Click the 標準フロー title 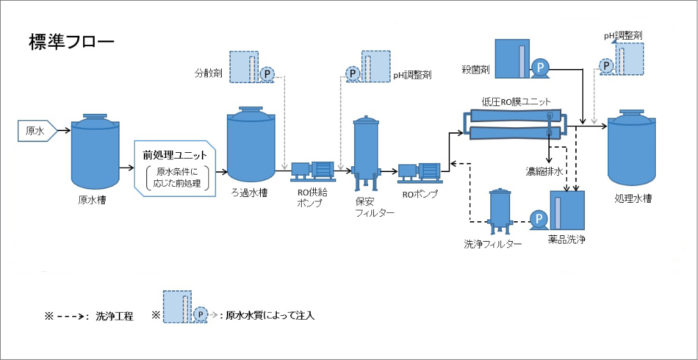click(x=71, y=43)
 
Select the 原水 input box click(x=36, y=131)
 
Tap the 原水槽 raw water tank click(x=95, y=151)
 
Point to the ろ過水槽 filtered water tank click(x=251, y=147)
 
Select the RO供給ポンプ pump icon click(x=313, y=170)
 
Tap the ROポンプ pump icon click(x=419, y=172)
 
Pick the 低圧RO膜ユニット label click(x=516, y=102)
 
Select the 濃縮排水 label click(x=544, y=171)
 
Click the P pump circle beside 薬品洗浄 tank click(x=539, y=219)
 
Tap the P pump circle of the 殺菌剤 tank click(x=541, y=67)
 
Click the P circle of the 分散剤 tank click(x=267, y=74)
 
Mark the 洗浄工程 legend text click(x=114, y=316)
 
